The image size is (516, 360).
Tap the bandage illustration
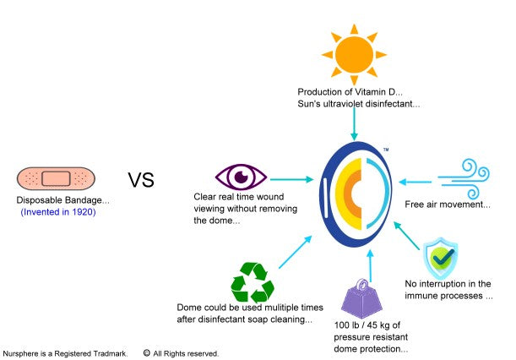56,179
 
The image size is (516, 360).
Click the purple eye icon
242,177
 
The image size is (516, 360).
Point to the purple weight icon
362,299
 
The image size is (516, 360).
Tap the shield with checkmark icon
440,259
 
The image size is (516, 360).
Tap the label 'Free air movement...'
448,205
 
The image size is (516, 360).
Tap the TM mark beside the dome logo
386,150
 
